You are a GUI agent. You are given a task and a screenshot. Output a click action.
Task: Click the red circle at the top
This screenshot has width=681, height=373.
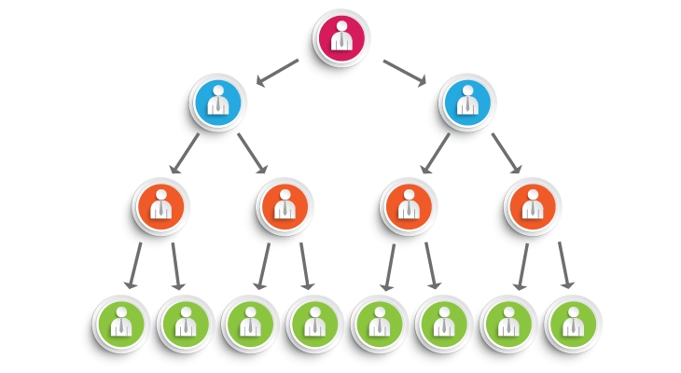coord(340,37)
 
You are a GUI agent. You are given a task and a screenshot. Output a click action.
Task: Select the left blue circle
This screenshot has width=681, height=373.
coord(217,102)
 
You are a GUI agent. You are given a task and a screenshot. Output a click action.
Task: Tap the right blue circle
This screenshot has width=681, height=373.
coord(466,102)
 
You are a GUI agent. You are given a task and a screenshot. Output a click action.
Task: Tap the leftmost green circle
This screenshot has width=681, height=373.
coord(120,324)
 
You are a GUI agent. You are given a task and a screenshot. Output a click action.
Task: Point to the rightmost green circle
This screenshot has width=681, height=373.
coord(572,324)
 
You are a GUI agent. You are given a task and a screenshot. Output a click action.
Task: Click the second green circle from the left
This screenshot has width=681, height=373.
coord(185,324)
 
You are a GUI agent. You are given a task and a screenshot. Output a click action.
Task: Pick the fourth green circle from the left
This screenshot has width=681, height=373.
coord(313,324)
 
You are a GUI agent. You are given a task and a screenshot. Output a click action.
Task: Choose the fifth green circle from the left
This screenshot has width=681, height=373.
coord(378,324)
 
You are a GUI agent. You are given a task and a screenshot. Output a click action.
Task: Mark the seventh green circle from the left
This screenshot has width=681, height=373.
coord(507,324)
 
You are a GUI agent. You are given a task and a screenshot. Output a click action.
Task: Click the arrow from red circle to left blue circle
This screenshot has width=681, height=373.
coord(277,73)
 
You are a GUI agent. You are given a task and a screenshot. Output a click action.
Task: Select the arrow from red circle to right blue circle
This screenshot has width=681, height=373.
coord(405,73)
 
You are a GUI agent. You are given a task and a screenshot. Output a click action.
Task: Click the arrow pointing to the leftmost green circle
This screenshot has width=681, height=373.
coord(134,266)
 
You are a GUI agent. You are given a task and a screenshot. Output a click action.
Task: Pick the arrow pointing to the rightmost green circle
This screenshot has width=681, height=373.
coord(565,266)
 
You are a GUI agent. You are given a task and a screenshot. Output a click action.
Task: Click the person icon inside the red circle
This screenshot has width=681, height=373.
coord(340,35)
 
